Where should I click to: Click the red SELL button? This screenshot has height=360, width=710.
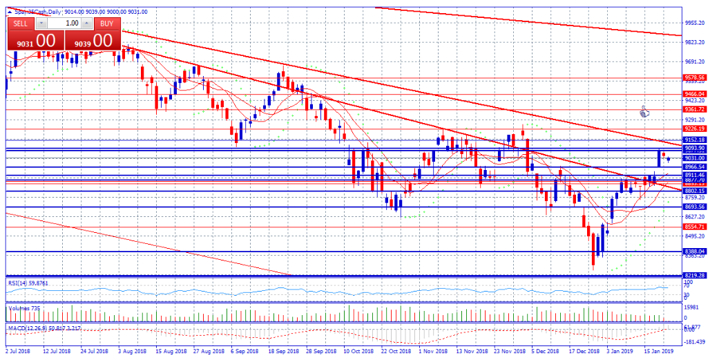tap(21, 23)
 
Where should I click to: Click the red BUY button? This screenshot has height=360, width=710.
tap(105, 23)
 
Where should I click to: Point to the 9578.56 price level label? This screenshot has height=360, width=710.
tap(693, 78)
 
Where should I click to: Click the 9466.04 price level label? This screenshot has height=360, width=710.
tap(693, 94)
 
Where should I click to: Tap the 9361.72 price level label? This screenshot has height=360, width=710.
tap(693, 109)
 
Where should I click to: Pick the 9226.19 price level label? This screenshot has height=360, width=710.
tap(693, 129)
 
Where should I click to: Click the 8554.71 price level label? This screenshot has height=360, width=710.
tap(693, 227)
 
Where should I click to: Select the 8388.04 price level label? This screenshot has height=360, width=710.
tap(693, 252)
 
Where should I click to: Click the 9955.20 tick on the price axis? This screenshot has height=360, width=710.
tap(693, 23)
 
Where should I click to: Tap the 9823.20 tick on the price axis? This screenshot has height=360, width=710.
tap(693, 42)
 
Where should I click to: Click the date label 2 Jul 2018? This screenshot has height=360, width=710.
tap(18, 351)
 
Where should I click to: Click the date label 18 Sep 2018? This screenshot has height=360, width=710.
tap(282, 351)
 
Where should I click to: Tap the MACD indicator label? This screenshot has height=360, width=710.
tap(41, 327)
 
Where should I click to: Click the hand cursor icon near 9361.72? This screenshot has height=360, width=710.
tap(644, 111)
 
